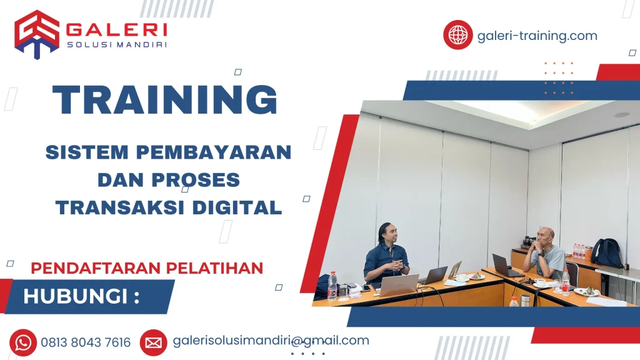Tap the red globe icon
point(458,35)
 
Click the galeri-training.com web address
point(537,36)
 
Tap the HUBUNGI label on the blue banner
point(81,296)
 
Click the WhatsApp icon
point(23,342)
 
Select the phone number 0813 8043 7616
point(86,342)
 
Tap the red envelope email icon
point(153,342)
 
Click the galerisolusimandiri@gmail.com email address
point(271,341)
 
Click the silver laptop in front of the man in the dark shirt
point(397,285)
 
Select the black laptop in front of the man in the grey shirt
point(502,266)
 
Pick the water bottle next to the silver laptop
point(332,286)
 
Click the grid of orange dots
point(558,78)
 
